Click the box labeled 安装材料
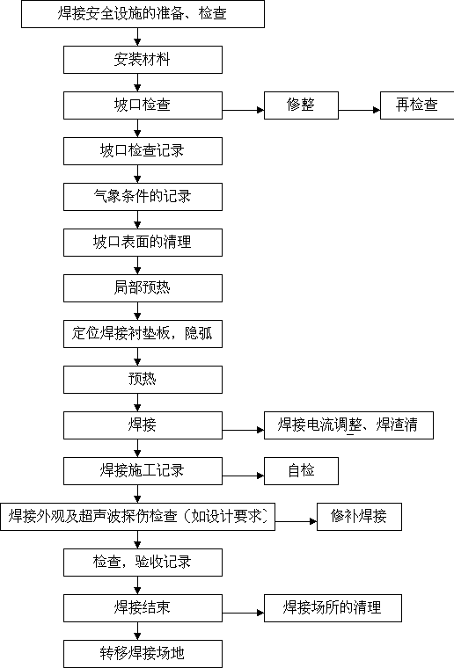click(143, 60)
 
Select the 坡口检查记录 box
click(143, 151)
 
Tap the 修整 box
click(301, 105)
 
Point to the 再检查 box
click(417, 105)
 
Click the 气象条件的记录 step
click(143, 196)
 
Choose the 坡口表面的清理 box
click(143, 243)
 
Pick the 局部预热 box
click(143, 288)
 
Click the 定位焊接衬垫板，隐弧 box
click(143, 334)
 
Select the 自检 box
click(301, 471)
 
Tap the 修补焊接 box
click(359, 516)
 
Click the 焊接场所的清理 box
click(333, 608)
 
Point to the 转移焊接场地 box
click(143, 654)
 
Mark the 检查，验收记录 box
click(143, 563)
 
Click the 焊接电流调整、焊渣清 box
click(348, 425)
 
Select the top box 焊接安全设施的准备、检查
click(143, 14)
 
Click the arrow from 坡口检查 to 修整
click(243, 111)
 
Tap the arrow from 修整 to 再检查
click(359, 111)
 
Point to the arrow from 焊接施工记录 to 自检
click(243, 476)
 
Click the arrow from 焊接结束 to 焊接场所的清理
click(243, 613)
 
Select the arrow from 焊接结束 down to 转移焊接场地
click(137, 631)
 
